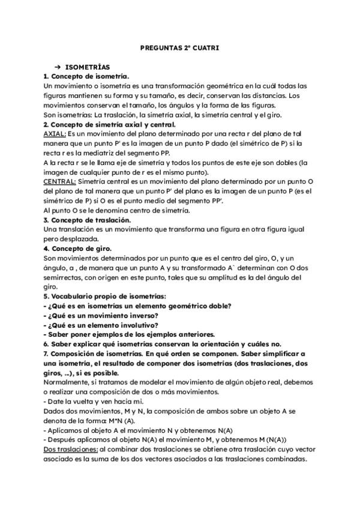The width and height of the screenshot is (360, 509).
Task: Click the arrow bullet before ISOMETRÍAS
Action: point(58,67)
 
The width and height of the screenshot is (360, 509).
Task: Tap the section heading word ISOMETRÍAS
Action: point(88,67)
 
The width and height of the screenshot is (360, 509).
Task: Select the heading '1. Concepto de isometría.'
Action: point(86,77)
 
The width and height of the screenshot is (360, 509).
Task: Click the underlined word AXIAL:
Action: point(55,134)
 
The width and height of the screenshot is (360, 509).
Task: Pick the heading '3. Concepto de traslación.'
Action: point(88,220)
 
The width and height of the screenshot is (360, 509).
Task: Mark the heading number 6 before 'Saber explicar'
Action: point(47,345)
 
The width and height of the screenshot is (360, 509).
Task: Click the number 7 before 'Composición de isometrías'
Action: point(47,354)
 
